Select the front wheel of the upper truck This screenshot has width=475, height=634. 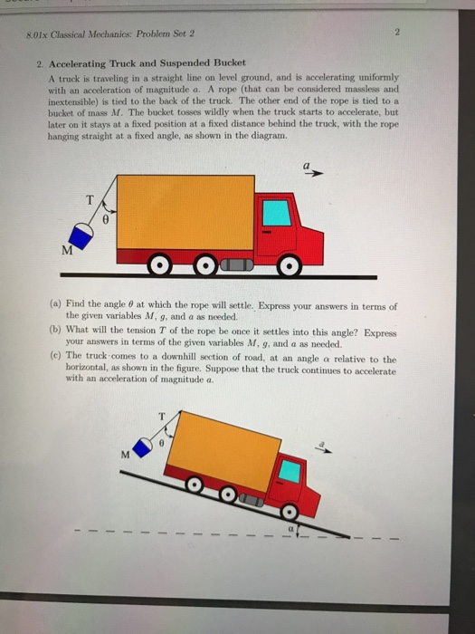(289, 268)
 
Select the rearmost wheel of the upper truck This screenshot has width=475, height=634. (160, 268)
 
